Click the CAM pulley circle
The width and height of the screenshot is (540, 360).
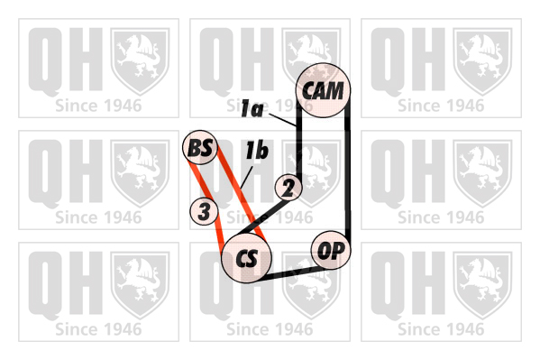point(323,90)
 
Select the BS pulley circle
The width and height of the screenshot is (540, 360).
point(200,148)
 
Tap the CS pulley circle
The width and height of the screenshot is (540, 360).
point(247,257)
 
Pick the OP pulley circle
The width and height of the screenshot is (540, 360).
point(331,250)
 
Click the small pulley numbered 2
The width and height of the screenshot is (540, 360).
point(288,188)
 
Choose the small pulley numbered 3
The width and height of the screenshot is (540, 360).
point(204,211)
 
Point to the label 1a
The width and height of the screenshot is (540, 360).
point(252,108)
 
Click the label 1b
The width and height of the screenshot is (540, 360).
point(257,151)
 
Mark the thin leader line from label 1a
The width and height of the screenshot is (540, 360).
point(282,119)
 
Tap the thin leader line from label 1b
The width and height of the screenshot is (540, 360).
point(247,178)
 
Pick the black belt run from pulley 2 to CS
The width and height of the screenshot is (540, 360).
point(263,217)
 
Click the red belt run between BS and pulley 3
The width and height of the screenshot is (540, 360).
point(198,180)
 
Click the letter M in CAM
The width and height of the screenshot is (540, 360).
point(334,91)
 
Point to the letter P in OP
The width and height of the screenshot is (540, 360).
point(338,250)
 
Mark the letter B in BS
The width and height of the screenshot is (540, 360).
point(194,148)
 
